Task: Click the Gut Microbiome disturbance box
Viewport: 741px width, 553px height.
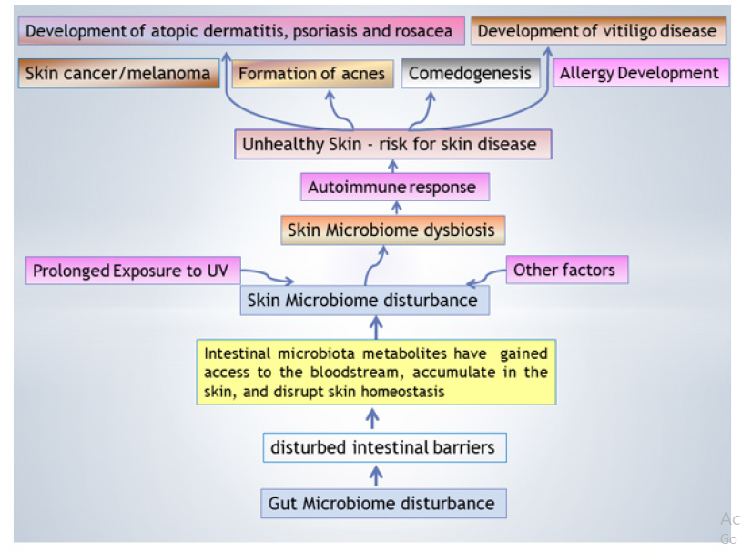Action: pyautogui.click(x=381, y=503)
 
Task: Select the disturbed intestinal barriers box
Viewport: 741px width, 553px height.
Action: pyautogui.click(x=382, y=447)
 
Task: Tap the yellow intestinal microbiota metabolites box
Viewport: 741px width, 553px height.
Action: pyautogui.click(x=376, y=372)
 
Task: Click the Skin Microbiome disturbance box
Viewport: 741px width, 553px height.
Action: pyautogui.click(x=362, y=300)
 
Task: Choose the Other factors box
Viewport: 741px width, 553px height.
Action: pyautogui.click(x=564, y=270)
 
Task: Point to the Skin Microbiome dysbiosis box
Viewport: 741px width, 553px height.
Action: pyautogui.click(x=391, y=230)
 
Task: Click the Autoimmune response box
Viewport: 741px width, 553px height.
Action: pyautogui.click(x=392, y=188)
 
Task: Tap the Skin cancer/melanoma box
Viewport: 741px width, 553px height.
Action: pyautogui.click(x=118, y=74)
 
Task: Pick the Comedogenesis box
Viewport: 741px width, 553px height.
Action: pyautogui.click(x=470, y=73)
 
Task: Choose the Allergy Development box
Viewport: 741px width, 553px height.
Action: pyautogui.click(x=640, y=73)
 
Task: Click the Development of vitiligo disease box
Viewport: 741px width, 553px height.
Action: pyautogui.click(x=597, y=31)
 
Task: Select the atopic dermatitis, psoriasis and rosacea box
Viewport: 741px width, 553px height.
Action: pyautogui.click(x=239, y=31)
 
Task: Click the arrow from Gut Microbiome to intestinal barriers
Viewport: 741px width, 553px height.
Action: pyautogui.click(x=377, y=475)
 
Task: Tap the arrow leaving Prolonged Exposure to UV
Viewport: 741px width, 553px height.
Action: pyautogui.click(x=269, y=275)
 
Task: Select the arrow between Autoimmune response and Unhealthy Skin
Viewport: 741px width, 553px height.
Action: pyautogui.click(x=393, y=166)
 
